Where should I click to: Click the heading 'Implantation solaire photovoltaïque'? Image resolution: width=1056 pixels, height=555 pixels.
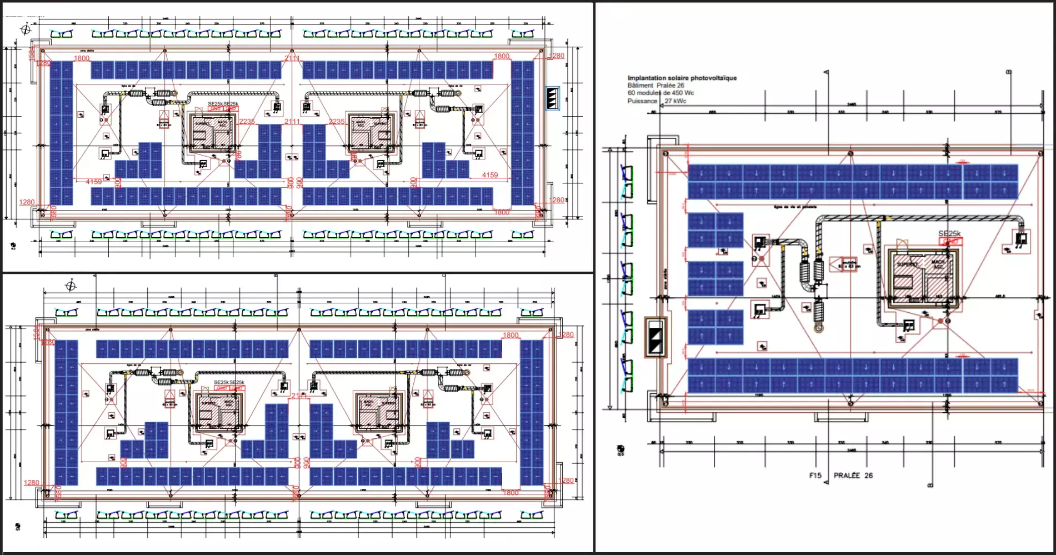point(682,78)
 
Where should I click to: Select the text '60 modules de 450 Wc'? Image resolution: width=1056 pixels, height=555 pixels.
point(660,93)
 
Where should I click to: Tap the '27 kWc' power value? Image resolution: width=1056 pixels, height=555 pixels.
point(675,101)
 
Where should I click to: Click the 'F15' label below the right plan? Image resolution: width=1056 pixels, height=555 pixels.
point(815,476)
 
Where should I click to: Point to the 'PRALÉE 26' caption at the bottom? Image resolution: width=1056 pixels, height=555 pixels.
point(853,476)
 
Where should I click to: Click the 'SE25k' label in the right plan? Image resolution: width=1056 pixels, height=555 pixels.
point(949,234)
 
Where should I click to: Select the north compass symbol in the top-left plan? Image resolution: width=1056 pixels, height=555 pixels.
point(26,29)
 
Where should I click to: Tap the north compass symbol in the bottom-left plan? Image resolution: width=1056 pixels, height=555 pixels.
point(71,286)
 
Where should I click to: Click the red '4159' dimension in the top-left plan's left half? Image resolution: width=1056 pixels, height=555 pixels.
point(94,182)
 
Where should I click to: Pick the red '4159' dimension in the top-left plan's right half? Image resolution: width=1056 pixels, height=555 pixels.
point(489,175)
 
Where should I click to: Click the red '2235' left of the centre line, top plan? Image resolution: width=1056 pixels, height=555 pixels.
point(247,121)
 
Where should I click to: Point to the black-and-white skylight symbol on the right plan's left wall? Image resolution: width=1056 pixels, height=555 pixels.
point(655,337)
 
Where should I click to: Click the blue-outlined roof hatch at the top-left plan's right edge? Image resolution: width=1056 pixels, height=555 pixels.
point(552,99)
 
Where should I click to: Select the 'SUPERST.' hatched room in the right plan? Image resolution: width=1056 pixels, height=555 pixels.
point(908,265)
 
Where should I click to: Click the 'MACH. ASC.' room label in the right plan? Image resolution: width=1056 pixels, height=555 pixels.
point(938,264)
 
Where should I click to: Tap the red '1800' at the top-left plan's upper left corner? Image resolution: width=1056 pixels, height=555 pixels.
point(82,58)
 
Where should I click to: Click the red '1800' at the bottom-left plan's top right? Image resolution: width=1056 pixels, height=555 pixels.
point(510,335)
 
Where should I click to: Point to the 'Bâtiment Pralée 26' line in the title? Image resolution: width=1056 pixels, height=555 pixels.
point(655,86)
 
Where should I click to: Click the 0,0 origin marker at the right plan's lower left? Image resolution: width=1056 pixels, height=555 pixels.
point(620,450)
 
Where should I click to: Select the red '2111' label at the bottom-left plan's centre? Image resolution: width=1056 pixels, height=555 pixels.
point(299,396)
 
